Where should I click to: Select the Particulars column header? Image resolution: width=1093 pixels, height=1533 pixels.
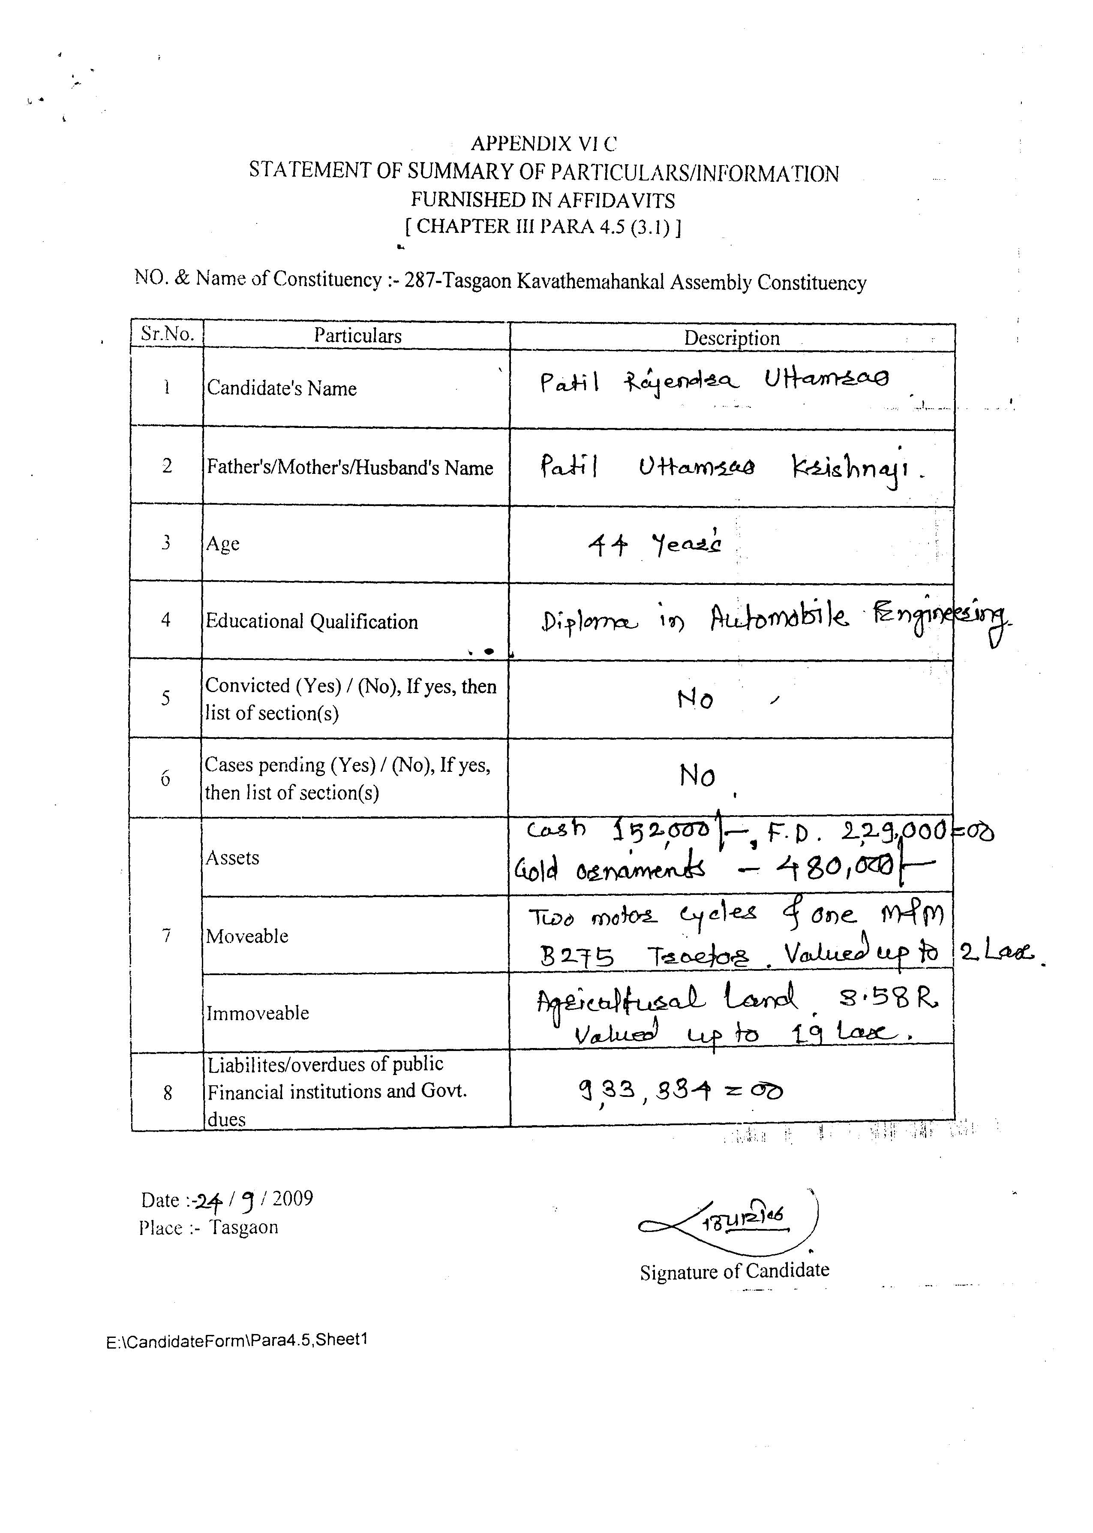tap(357, 336)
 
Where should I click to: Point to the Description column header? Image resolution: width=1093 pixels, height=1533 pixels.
tap(732, 338)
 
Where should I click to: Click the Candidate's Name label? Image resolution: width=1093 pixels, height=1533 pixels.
tap(281, 389)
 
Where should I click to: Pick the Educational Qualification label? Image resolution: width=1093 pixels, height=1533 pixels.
tap(312, 621)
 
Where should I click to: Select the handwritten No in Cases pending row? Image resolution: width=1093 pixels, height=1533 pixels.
tap(697, 776)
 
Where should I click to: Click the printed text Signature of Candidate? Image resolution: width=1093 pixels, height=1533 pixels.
tap(734, 1271)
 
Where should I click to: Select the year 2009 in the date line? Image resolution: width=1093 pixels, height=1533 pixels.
tap(293, 1199)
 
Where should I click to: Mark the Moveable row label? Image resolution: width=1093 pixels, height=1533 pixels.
tap(247, 936)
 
